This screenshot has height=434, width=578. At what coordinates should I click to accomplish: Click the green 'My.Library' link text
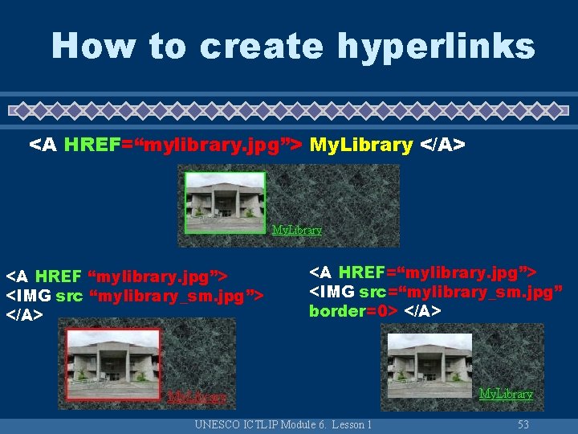pos(297,230)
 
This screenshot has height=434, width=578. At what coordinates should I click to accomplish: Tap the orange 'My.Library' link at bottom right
pos(506,394)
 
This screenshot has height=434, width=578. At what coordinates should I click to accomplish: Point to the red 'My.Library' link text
pos(197,397)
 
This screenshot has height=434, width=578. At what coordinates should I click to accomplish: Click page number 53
pos(523,424)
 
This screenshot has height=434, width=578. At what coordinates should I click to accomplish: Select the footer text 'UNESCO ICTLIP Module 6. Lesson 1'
pos(283,424)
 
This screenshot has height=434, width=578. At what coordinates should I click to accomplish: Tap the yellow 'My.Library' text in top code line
pos(360,145)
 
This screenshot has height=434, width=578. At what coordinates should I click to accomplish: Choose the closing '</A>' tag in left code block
pos(25,316)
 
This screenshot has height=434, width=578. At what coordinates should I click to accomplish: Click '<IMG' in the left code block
pos(29,296)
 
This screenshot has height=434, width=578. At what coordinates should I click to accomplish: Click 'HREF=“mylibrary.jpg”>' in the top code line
pos(183,145)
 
